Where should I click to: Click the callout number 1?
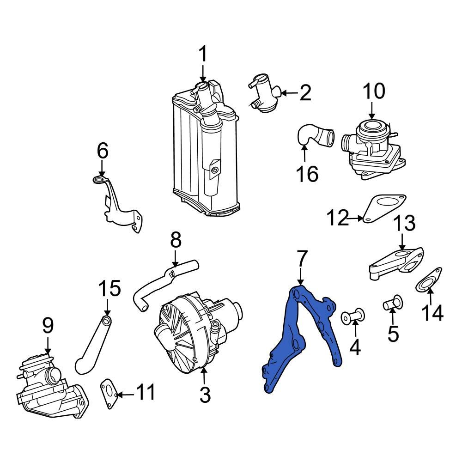coord(203,55)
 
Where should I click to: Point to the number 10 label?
coord(373,91)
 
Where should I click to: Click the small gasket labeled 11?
coord(109,395)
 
